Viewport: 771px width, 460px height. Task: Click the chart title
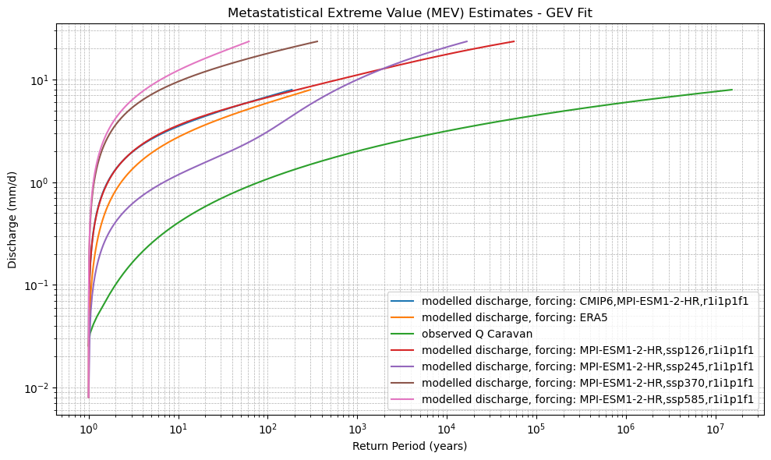point(410,12)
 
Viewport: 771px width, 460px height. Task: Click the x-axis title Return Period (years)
point(410,446)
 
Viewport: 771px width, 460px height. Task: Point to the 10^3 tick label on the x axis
point(357,430)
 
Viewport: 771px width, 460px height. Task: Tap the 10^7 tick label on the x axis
point(715,430)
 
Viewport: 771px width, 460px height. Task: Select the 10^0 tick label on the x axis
point(89,430)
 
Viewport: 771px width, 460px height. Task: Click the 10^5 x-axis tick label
point(536,430)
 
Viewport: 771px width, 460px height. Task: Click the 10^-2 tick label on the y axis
point(36,388)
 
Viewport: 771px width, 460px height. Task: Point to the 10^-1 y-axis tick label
point(36,285)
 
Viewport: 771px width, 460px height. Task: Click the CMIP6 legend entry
point(590,301)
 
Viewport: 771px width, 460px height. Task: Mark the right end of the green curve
point(732,90)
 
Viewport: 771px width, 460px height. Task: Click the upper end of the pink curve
point(249,41)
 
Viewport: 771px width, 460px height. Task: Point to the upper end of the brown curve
point(317,41)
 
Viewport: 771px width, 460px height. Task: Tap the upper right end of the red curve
point(514,41)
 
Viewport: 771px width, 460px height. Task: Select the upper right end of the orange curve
point(310,90)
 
